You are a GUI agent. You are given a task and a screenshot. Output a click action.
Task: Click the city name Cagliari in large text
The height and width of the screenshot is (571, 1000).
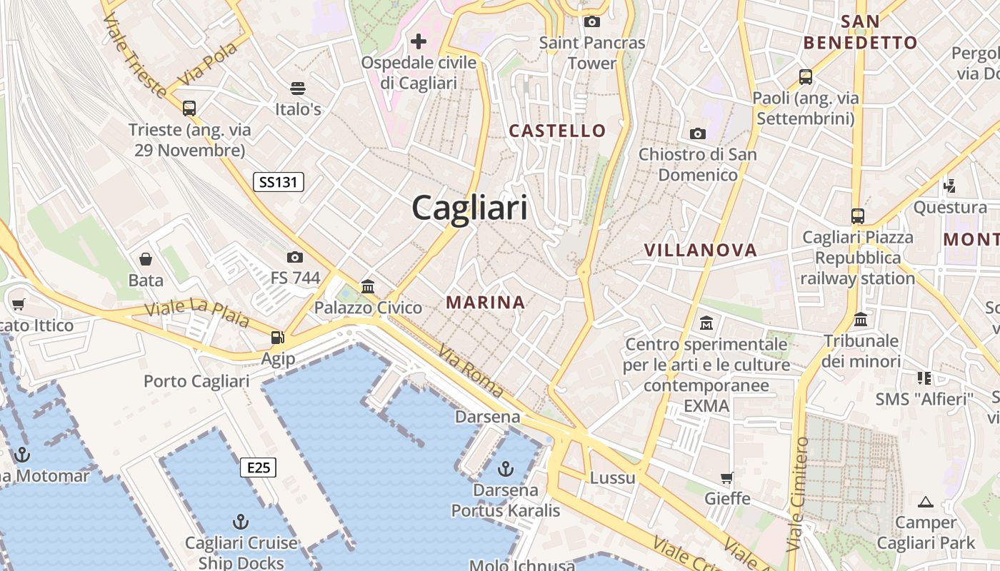(470, 208)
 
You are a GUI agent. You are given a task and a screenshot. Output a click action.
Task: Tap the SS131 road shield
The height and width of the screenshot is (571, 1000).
(279, 182)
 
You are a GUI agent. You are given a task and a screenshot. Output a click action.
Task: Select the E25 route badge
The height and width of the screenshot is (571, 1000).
(258, 468)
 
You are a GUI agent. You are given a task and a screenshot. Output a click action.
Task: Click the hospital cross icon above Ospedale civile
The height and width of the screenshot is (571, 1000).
(419, 41)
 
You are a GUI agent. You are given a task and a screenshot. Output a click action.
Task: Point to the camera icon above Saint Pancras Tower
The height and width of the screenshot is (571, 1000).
(592, 22)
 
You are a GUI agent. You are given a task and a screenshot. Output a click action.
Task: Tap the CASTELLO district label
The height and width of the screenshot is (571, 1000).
(557, 131)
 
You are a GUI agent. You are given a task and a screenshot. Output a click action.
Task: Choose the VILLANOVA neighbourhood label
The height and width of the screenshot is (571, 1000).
(700, 250)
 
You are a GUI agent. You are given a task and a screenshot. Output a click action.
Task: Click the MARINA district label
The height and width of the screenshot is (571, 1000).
(486, 302)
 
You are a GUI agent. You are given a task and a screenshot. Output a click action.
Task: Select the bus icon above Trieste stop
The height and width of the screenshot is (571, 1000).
(189, 108)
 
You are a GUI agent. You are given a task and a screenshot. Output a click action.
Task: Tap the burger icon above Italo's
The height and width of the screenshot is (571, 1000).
(298, 89)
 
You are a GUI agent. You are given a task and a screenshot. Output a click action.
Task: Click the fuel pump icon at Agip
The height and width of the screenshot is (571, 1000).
(277, 338)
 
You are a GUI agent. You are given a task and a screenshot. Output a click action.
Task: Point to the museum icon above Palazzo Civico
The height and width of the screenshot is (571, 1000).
(368, 287)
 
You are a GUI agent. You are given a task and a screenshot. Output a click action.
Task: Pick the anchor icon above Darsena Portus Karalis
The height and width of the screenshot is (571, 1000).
(506, 469)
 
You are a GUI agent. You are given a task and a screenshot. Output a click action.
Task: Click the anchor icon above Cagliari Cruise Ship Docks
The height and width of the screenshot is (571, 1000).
(241, 522)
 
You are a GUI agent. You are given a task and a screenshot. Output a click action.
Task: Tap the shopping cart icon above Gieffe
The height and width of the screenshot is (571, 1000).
(727, 477)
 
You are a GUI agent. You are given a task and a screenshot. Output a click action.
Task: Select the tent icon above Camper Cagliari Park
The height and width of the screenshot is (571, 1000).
(926, 502)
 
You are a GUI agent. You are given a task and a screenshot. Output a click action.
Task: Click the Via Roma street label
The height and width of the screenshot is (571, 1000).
(471, 372)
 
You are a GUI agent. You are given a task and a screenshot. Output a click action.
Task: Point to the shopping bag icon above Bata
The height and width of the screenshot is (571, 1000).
(146, 258)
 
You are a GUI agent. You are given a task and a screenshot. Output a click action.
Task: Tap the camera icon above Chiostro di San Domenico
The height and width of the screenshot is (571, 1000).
(698, 133)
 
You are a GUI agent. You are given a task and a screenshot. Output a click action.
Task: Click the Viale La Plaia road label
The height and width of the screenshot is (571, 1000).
(197, 315)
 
